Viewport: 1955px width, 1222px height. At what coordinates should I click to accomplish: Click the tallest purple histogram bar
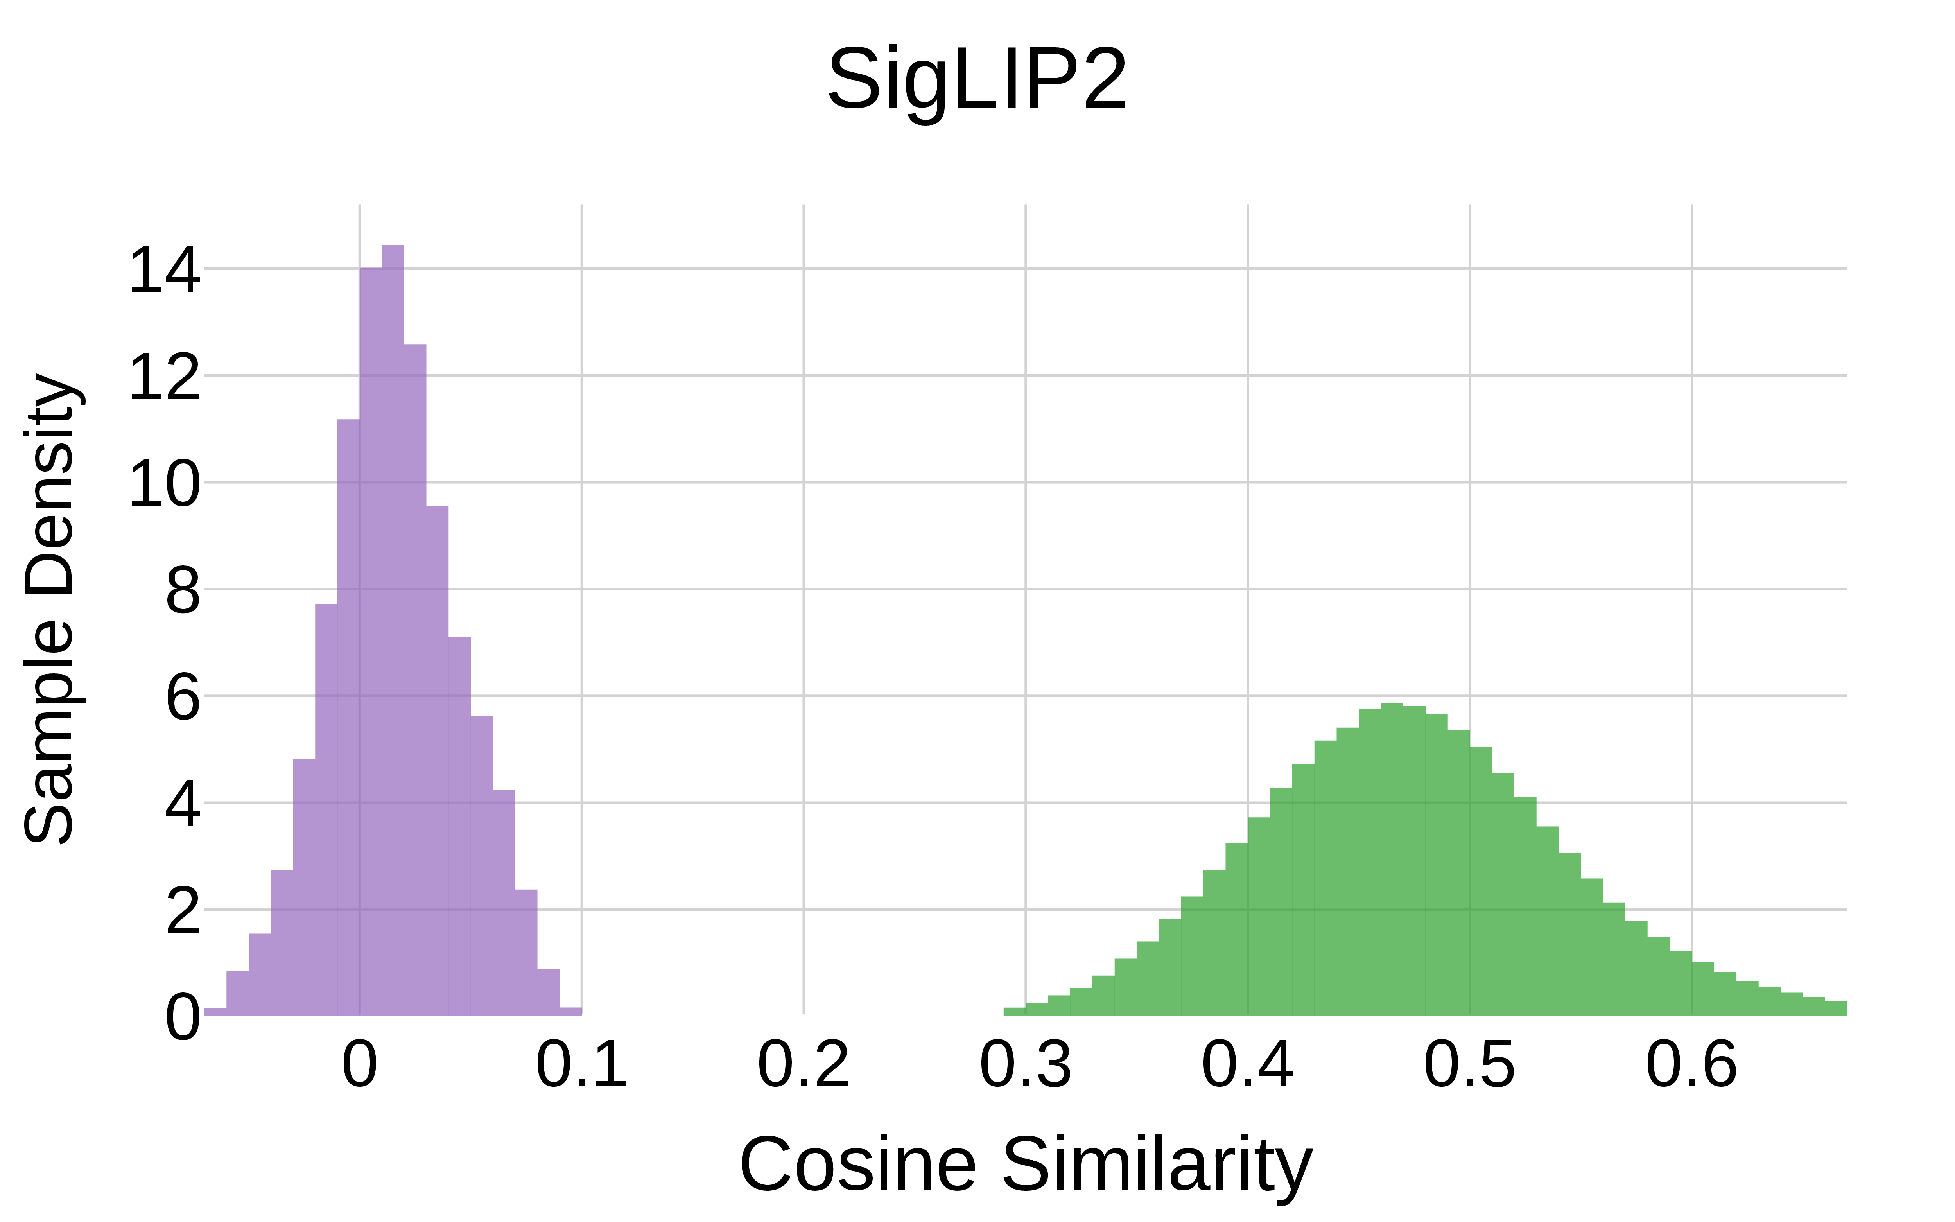pos(393,630)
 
